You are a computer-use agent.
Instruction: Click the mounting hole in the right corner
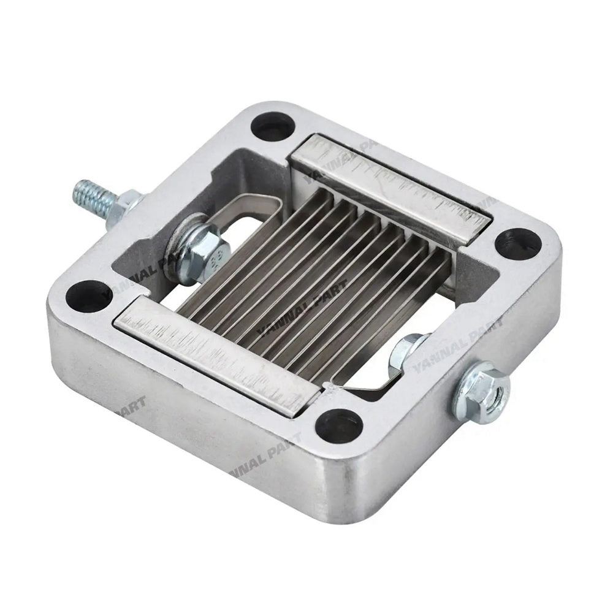pos(518,242)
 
